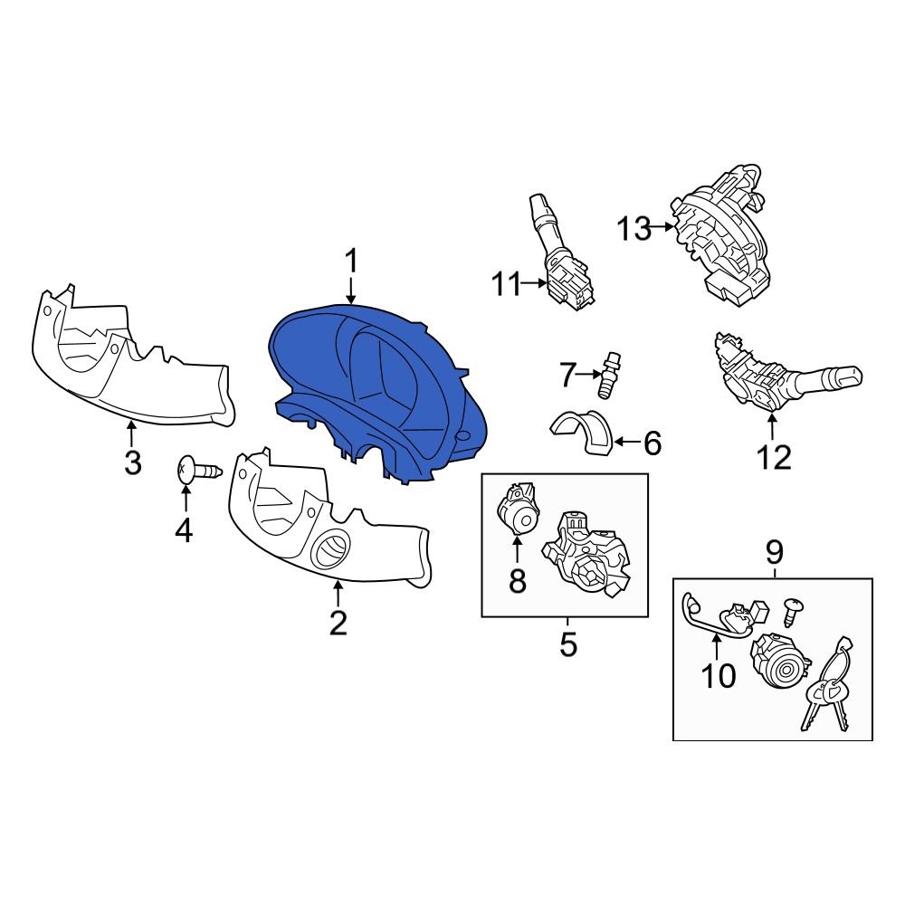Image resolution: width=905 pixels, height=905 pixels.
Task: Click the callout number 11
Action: tap(507, 285)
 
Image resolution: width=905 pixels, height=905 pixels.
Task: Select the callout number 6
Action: tap(652, 443)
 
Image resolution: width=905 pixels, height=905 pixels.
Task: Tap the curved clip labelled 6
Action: tap(584, 433)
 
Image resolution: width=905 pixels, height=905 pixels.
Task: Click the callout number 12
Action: tap(774, 457)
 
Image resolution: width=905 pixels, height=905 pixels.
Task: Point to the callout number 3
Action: tap(132, 462)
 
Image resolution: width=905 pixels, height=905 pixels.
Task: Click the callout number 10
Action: tap(719, 675)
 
